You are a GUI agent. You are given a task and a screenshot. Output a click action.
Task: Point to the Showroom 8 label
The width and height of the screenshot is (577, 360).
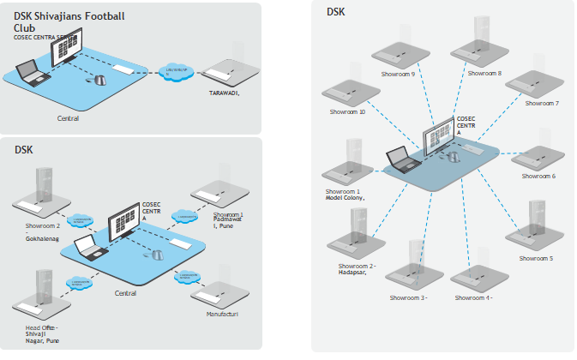[x=484, y=74]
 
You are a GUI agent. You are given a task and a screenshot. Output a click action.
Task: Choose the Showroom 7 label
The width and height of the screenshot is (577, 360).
[x=541, y=103]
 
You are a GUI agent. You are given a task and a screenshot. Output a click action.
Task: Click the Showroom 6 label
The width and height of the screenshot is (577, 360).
[x=538, y=176]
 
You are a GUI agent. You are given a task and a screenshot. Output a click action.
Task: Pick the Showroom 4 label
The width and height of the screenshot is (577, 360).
[x=472, y=297]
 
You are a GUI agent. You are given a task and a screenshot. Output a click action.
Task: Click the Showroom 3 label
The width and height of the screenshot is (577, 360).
[x=408, y=297]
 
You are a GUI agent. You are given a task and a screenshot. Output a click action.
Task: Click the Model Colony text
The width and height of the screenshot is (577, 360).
[x=345, y=198]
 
